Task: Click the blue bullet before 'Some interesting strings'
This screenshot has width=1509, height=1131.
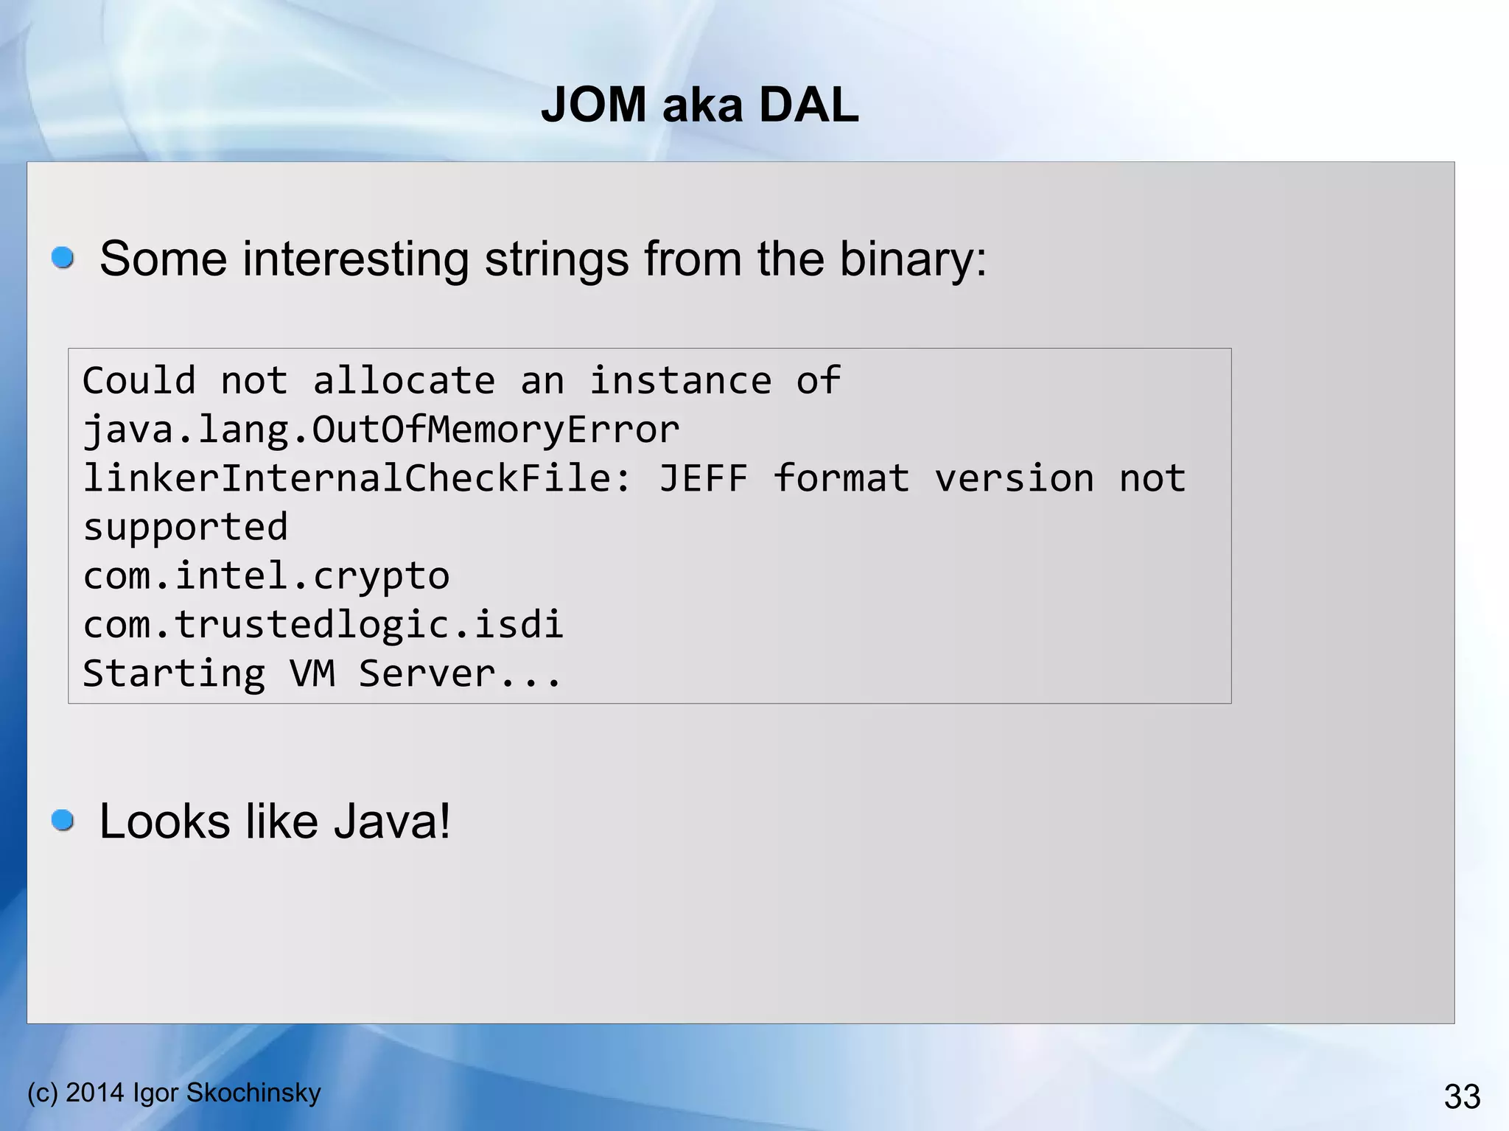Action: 63,258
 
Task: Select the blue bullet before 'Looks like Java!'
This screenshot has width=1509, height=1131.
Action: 63,820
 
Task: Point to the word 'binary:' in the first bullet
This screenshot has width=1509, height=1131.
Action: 913,259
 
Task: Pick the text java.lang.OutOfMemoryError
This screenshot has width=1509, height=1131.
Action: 381,430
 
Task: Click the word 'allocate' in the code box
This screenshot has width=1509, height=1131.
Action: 404,381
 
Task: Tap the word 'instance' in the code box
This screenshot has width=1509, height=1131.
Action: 681,381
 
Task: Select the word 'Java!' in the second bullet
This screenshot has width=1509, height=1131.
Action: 391,822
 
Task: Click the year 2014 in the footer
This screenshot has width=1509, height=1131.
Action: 95,1093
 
